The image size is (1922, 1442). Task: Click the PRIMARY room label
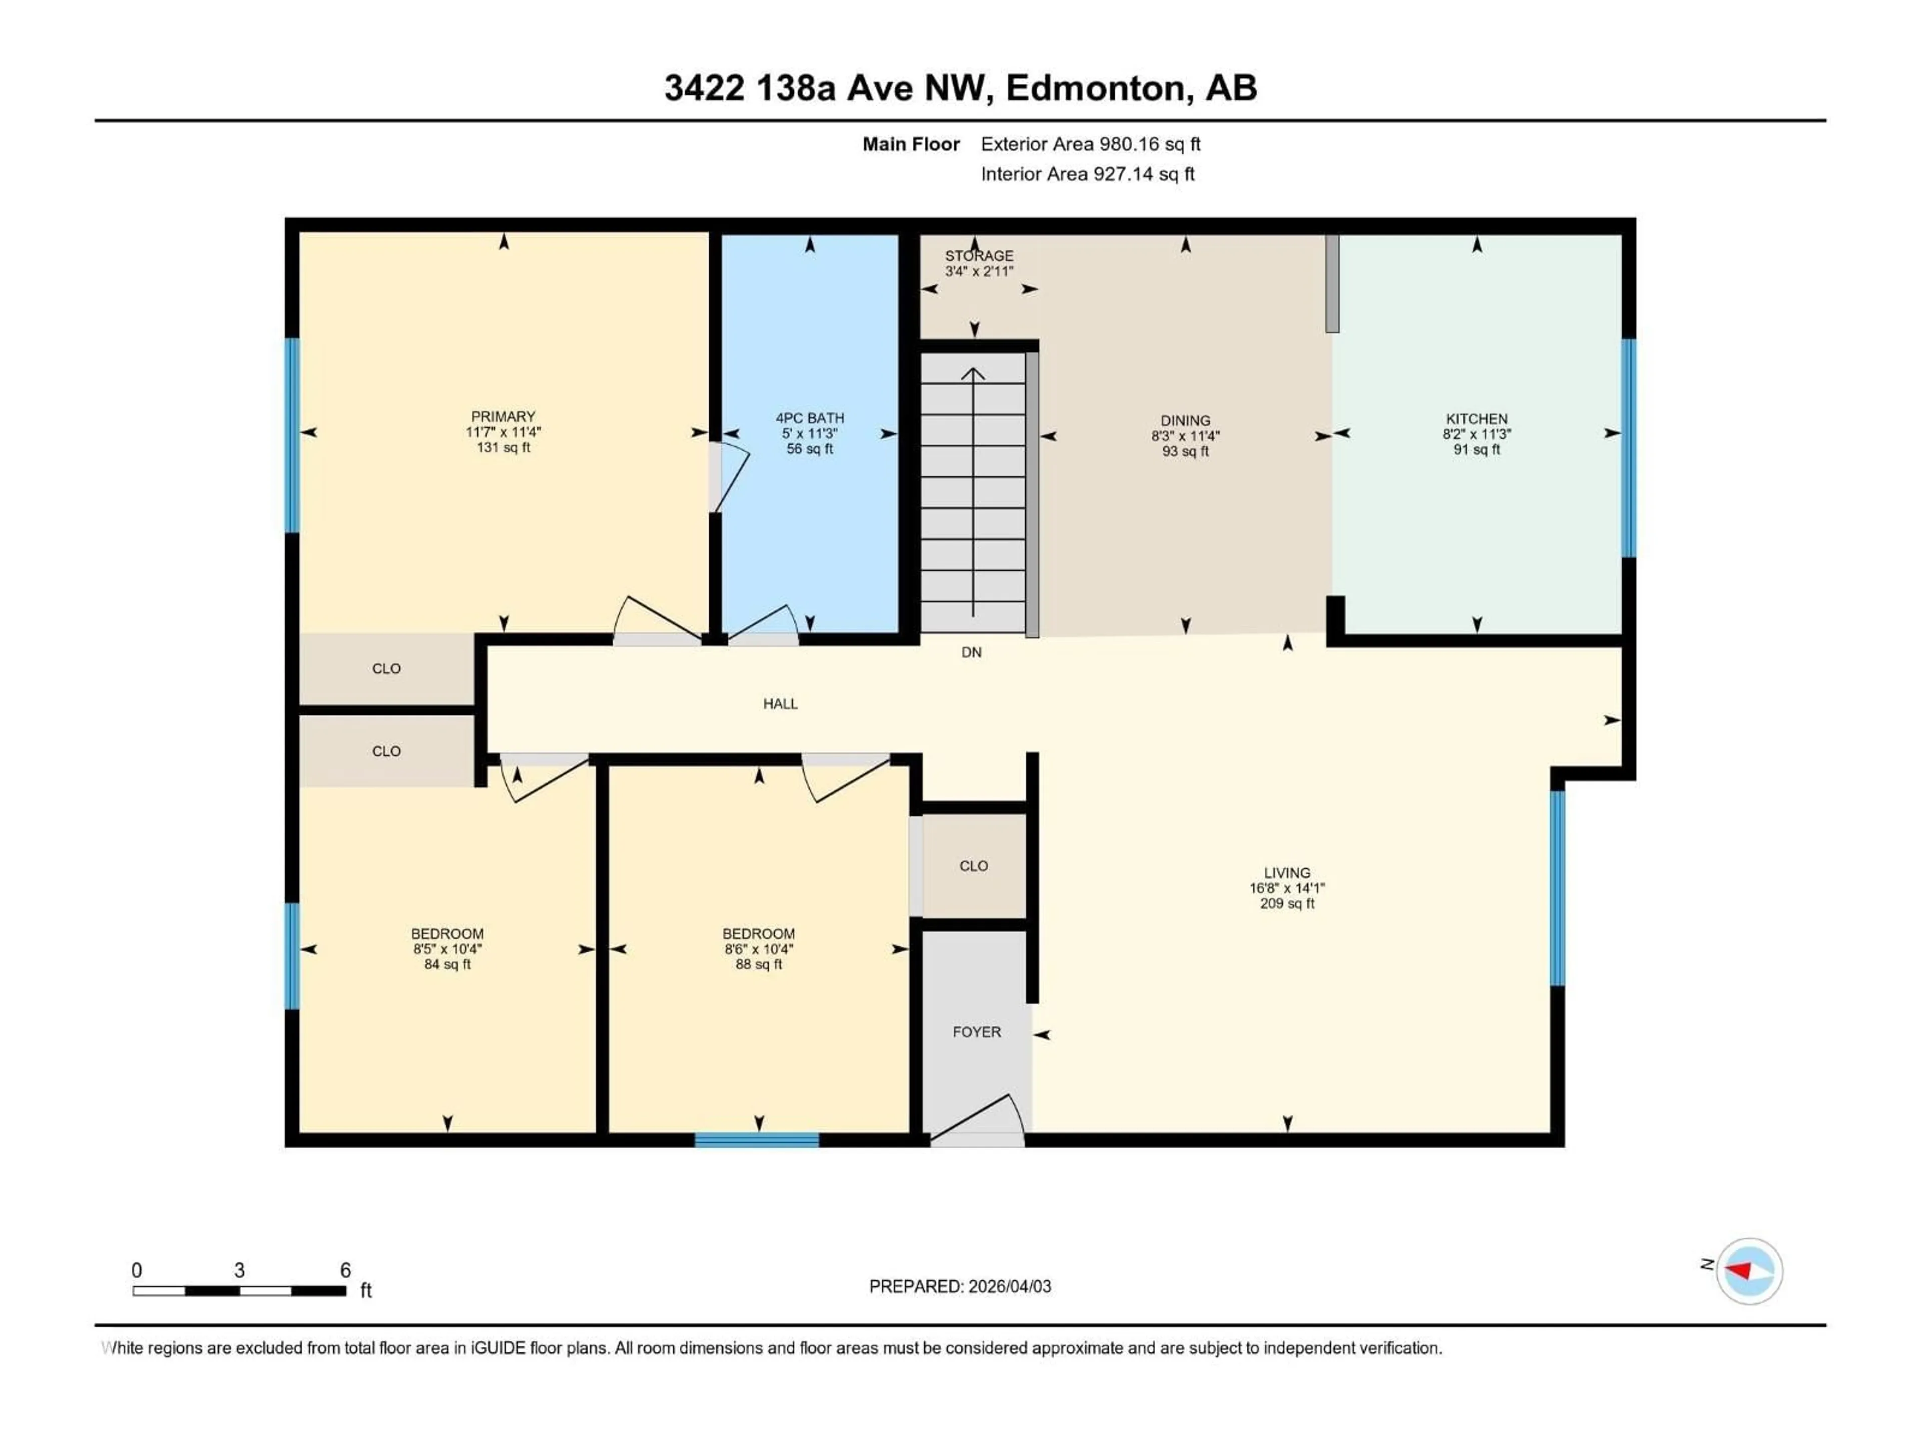pos(503,417)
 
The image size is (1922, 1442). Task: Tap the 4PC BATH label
pos(810,418)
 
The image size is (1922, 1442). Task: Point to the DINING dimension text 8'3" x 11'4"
pos(1185,436)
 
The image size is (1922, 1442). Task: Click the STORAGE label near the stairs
pos(979,255)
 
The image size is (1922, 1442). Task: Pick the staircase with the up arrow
pos(973,491)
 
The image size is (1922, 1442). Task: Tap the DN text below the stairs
pos(972,652)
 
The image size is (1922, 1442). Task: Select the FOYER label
pos(977,1032)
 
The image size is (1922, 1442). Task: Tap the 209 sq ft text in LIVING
pos(1287,904)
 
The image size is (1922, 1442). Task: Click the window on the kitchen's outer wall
pos(1629,448)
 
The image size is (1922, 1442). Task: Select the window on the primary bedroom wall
pos(293,435)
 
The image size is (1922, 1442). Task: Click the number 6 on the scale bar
pos(345,1270)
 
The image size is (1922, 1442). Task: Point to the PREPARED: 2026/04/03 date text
pos(960,1286)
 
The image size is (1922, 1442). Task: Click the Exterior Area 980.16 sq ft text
pos(1091,144)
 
